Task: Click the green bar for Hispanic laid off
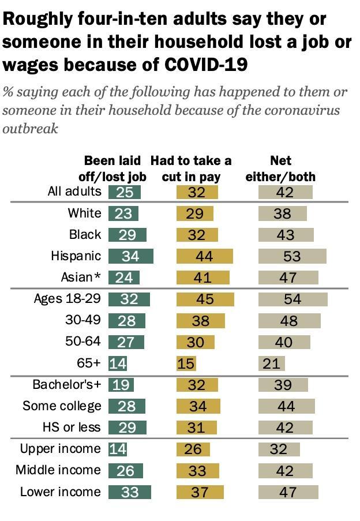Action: [130, 256]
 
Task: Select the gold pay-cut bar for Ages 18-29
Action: [205, 299]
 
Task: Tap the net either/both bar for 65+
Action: [271, 363]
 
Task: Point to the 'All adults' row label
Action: [74, 192]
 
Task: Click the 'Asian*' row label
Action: [81, 278]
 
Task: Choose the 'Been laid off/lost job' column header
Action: [112, 168]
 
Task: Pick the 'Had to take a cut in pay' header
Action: [191, 168]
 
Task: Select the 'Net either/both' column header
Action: [280, 168]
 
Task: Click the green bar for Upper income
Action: [118, 449]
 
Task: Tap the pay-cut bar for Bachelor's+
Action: [197, 385]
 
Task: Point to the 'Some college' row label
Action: [62, 406]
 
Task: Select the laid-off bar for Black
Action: [127, 235]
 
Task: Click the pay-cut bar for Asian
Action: [202, 278]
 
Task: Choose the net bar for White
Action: [282, 213]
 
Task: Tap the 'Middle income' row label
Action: [58, 470]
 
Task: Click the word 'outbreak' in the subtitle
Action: [31, 129]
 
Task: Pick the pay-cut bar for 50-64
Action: [195, 342]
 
